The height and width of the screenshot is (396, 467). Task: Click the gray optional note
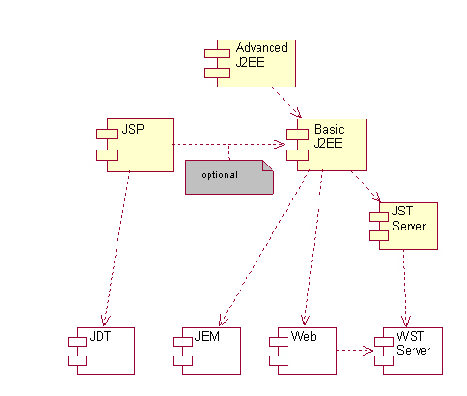tap(229, 177)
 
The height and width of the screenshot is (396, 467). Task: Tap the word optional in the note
tap(219, 175)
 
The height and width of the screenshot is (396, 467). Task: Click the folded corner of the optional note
tap(268, 166)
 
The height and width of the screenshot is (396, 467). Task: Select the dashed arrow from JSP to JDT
tap(117, 248)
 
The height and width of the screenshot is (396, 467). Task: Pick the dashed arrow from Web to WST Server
tap(355, 351)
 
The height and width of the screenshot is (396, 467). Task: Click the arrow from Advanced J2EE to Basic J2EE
tap(287, 103)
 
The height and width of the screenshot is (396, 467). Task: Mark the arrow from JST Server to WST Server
tap(405, 289)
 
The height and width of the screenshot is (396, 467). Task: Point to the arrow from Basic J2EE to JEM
tap(264, 248)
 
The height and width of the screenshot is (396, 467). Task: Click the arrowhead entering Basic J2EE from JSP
tap(280, 144)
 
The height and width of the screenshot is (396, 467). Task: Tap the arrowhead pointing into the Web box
tap(304, 322)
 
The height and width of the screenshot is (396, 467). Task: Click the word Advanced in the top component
tap(261, 48)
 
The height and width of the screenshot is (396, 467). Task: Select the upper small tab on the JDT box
tap(77, 341)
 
